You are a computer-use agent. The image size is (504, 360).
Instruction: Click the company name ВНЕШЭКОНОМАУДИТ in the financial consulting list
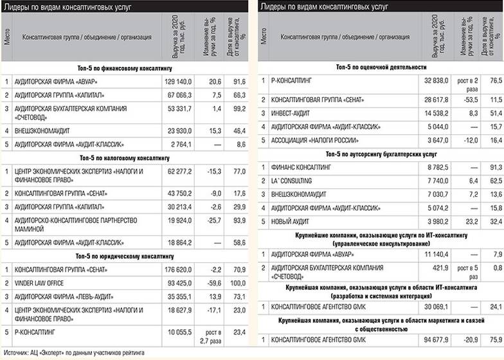[x=42, y=130]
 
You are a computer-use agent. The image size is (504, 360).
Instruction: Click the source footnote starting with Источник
[x=75, y=353]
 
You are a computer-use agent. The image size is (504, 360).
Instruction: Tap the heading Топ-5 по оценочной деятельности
[x=381, y=67]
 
